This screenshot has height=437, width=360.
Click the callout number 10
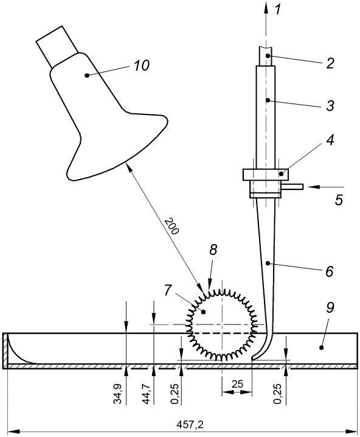click(x=142, y=66)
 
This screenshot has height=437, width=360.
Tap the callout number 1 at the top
click(x=278, y=10)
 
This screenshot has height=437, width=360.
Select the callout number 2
click(x=330, y=63)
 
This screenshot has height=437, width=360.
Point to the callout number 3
click(x=330, y=106)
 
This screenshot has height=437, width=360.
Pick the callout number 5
click(x=339, y=200)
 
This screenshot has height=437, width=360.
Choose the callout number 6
click(x=330, y=271)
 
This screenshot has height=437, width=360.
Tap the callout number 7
click(x=168, y=291)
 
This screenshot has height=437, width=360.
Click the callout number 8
click(x=213, y=250)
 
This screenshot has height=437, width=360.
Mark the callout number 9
click(x=330, y=307)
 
